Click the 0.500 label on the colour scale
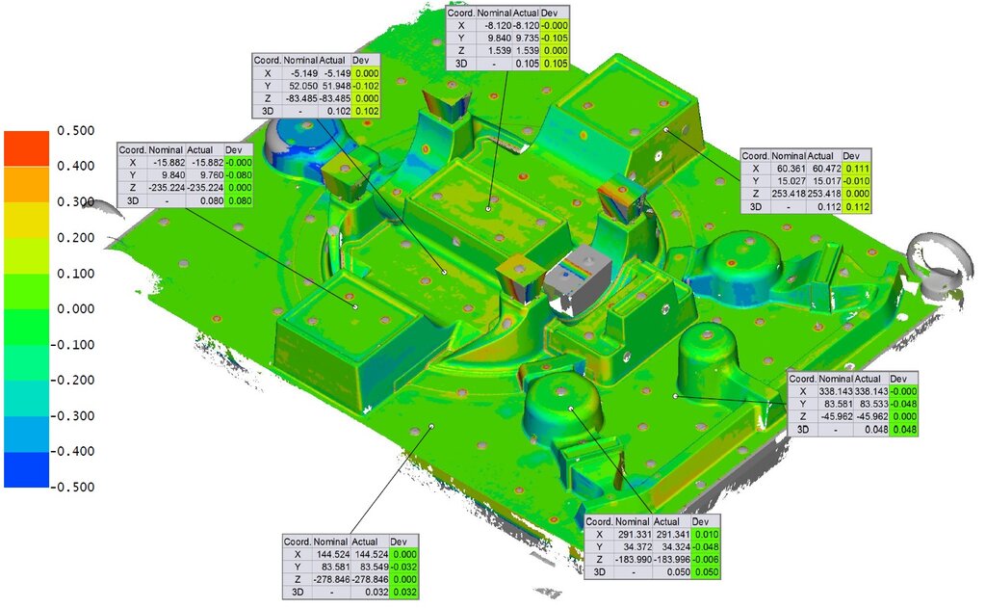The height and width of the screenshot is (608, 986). click(x=75, y=131)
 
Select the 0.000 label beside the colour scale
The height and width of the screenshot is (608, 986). click(x=75, y=309)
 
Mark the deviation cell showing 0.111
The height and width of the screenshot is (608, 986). click(x=854, y=169)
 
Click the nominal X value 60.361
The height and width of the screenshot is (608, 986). click(x=790, y=169)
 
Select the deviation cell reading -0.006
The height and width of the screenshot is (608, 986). click(x=706, y=560)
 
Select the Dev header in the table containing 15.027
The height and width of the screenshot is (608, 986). click(x=854, y=155)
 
